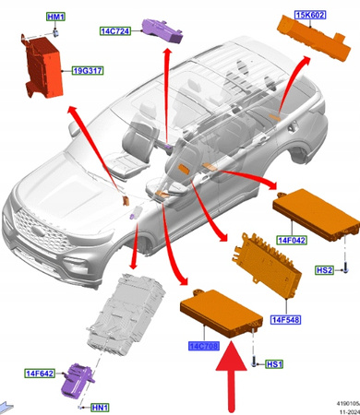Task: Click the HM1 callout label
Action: coord(56,18)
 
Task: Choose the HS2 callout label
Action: coord(323,270)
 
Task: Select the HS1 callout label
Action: coord(273,364)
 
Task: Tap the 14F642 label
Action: coord(42,373)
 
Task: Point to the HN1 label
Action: coord(99,407)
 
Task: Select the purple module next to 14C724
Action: coord(158,31)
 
